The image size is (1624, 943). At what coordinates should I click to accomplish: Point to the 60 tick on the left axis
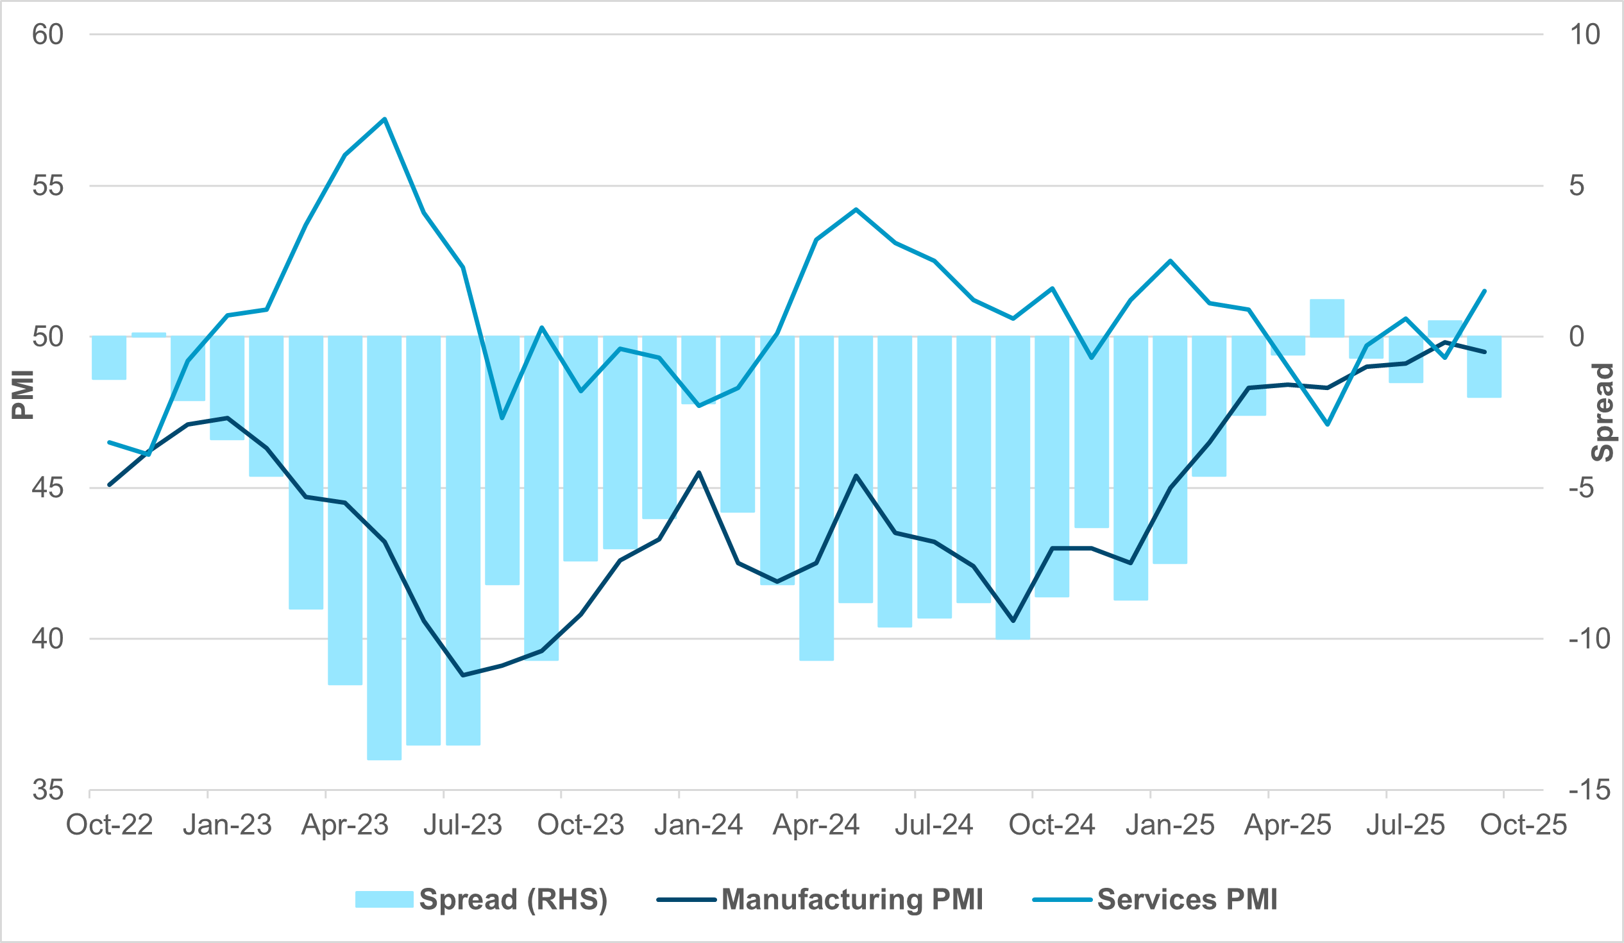point(47,35)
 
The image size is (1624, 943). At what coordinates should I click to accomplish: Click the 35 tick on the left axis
point(47,790)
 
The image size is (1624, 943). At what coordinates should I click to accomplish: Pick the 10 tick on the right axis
point(1584,35)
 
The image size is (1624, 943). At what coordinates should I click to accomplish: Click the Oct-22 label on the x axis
point(110,825)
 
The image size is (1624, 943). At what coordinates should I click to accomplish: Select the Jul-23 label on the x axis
point(462,825)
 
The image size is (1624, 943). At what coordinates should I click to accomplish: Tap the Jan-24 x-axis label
point(698,825)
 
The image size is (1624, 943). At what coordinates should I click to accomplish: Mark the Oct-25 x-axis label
point(1523,825)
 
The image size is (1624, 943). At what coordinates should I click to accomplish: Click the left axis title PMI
point(23,395)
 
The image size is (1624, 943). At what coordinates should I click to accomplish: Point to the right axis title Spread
point(1602,412)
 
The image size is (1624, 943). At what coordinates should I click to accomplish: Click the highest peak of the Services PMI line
point(385,119)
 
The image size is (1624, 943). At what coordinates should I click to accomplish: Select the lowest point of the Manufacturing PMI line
point(462,675)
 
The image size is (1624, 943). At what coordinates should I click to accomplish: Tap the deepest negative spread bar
point(385,548)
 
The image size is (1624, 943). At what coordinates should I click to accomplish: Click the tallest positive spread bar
point(1327,318)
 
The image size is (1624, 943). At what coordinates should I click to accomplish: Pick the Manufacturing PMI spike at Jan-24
point(699,473)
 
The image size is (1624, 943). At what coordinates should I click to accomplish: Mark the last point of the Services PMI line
point(1485,291)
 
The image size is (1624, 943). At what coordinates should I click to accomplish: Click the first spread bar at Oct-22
point(109,358)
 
